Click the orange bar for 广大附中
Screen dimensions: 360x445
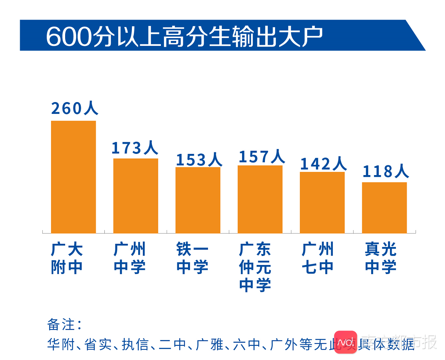pyautogui.click(x=73, y=177)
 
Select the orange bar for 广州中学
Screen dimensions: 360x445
pyautogui.click(x=135, y=196)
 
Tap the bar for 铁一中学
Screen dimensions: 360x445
pyautogui.click(x=198, y=200)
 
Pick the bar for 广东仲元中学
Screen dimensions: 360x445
pyautogui.click(x=260, y=199)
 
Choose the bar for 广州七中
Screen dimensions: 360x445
pyautogui.click(x=322, y=202)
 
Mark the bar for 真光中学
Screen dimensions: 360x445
pyautogui.click(x=384, y=207)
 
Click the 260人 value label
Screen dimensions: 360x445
pyautogui.click(x=74, y=108)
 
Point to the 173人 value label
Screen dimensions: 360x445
pyautogui.click(x=135, y=148)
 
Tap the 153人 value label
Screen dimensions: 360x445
pyautogui.click(x=199, y=159)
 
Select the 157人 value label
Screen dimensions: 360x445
pyautogui.click(x=261, y=157)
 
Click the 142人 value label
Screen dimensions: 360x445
pyautogui.click(x=323, y=164)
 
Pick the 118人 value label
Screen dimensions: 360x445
pyautogui.click(x=385, y=172)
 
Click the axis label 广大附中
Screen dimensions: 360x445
pyautogui.click(x=67, y=258)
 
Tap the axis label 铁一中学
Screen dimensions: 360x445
pyautogui.click(x=192, y=258)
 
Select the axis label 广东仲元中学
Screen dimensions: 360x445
pyautogui.click(x=255, y=267)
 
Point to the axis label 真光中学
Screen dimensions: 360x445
pyautogui.click(x=381, y=258)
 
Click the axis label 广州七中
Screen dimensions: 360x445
pyautogui.click(x=318, y=258)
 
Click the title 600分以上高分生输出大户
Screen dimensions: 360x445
pyautogui.click(x=184, y=37)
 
